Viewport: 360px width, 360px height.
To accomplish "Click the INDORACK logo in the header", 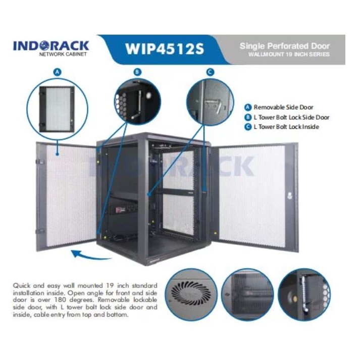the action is [51, 47].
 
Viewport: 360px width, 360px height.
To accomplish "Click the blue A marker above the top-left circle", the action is [58, 72].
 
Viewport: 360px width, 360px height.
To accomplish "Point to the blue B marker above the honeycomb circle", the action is [136, 72].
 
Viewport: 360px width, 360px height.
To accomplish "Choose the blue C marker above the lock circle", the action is [210, 72].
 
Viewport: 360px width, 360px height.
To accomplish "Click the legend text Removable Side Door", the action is [283, 107].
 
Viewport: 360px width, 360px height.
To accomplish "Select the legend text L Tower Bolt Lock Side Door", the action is [291, 117].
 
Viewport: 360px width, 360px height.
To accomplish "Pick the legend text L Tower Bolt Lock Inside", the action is [286, 127].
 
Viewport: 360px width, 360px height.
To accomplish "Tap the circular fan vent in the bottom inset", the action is [191, 293].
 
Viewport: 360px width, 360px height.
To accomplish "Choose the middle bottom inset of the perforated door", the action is [247, 294].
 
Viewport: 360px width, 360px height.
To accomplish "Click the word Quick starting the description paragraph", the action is [21, 285].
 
